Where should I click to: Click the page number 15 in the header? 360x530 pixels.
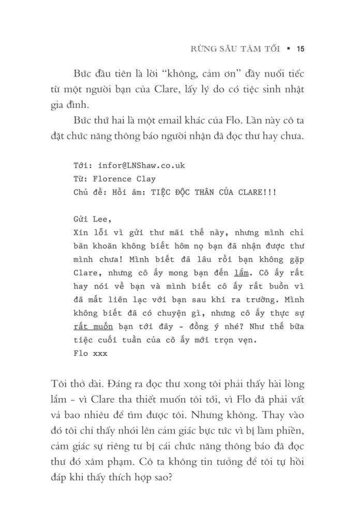point(301,50)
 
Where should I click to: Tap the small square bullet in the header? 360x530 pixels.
point(288,50)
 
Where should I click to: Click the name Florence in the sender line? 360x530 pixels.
point(114,180)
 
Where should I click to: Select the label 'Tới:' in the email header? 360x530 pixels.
point(83,166)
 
